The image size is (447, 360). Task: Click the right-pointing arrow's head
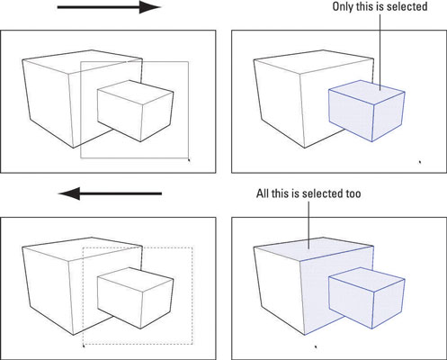pyautogui.click(x=150, y=7)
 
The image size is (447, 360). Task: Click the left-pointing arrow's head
pyautogui.click(x=69, y=193)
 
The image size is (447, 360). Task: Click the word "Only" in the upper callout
pyautogui.click(x=343, y=6)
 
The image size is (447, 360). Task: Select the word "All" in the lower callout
pyautogui.click(x=263, y=193)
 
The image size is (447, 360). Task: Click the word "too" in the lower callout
pyautogui.click(x=353, y=193)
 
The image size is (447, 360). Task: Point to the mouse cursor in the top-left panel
pyautogui.click(x=189, y=160)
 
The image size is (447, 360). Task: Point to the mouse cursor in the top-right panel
pyautogui.click(x=420, y=162)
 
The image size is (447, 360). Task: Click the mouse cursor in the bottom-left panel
pyautogui.click(x=84, y=346)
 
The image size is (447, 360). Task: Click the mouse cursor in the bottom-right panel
pyautogui.click(x=316, y=346)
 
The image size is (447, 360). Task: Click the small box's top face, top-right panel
pyautogui.click(x=367, y=92)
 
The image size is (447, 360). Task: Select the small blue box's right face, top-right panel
pyautogui.click(x=389, y=117)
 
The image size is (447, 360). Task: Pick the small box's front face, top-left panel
pyautogui.click(x=120, y=115)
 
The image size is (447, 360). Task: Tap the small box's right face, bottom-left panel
pyautogui.click(x=157, y=304)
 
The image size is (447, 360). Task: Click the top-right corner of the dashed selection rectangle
pyautogui.click(x=192, y=247)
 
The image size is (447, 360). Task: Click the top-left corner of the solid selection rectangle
pyautogui.click(x=81, y=62)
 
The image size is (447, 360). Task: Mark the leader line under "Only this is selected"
pyautogui.click(x=380, y=51)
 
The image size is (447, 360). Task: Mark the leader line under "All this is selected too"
pyautogui.click(x=308, y=225)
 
